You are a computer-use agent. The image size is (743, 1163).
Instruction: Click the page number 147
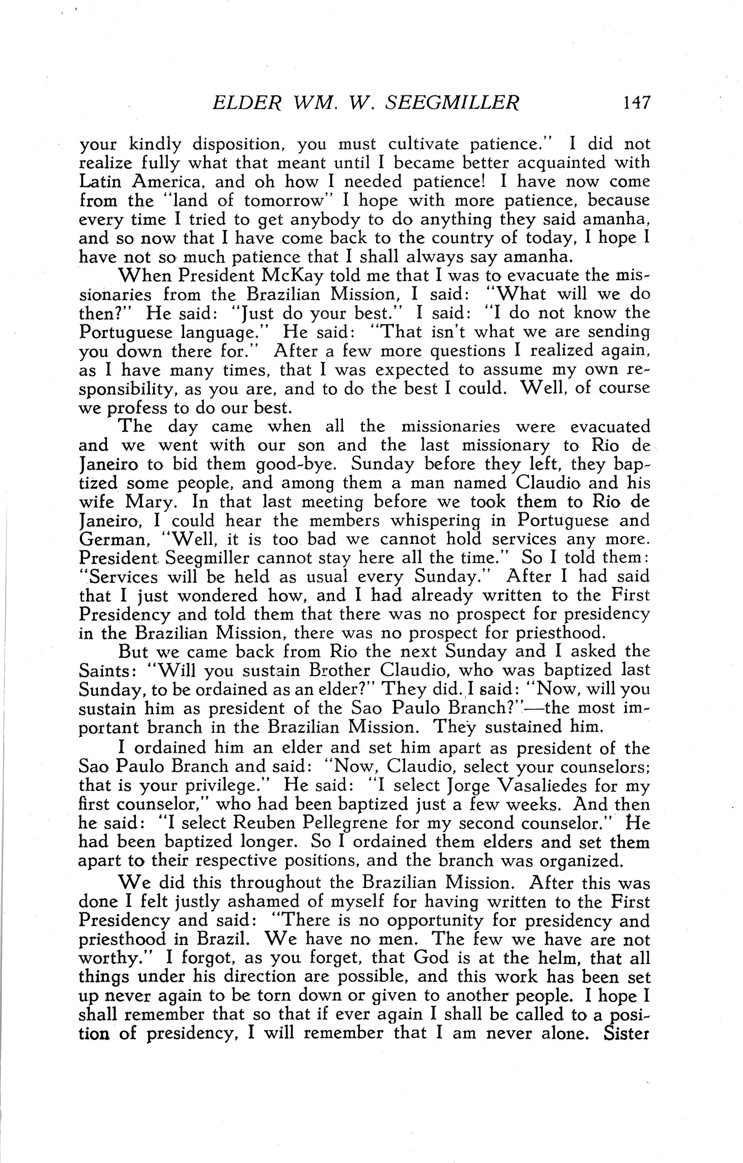(x=637, y=102)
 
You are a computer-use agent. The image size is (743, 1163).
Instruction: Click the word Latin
(x=102, y=182)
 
